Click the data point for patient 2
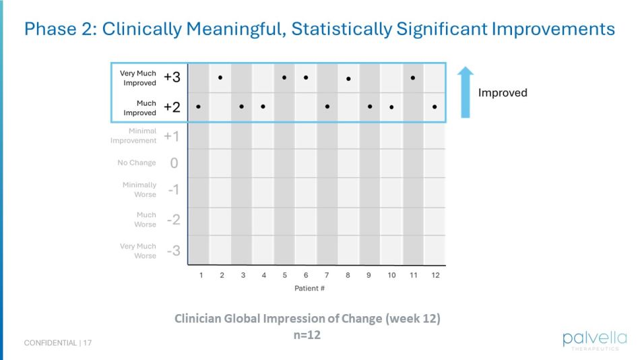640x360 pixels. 220,78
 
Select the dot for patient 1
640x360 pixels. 198,106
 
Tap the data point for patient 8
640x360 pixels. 348,79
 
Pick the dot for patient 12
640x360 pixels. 435,107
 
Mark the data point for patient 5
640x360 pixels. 284,78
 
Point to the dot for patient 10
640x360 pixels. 391,107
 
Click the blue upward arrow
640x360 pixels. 466,92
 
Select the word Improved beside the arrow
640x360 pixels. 503,93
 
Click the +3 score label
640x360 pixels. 172,78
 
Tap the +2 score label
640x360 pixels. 172,107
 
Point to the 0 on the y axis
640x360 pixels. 174,163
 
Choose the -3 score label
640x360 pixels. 173,251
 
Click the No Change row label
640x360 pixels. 137,162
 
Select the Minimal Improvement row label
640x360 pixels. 133,136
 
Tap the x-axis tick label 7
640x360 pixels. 327,275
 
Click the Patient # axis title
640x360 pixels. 310,289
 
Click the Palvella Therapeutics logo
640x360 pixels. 595,340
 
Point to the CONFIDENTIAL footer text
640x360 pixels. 51,343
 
